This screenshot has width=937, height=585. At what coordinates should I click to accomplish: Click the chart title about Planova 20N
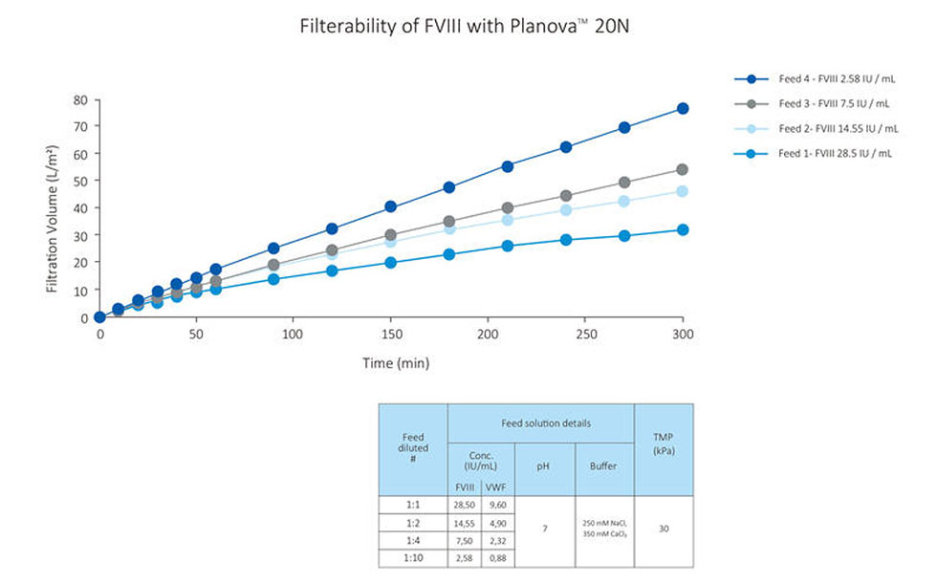464,26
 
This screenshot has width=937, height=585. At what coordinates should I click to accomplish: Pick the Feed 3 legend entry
834,103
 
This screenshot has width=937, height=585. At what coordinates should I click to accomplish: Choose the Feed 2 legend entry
838,128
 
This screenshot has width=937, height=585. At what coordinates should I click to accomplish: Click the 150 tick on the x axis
390,335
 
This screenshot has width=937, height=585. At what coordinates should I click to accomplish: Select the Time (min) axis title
395,362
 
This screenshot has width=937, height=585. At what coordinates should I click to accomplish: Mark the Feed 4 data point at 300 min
683,108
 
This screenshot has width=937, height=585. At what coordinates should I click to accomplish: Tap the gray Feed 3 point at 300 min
683,169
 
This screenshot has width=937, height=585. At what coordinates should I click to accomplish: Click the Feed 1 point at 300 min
683,229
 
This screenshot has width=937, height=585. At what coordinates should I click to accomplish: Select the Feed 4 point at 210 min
508,166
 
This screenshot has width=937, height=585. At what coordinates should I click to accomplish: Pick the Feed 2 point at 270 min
624,201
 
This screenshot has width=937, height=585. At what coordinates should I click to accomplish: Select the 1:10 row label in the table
413,558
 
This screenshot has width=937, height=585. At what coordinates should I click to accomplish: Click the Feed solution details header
540,422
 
